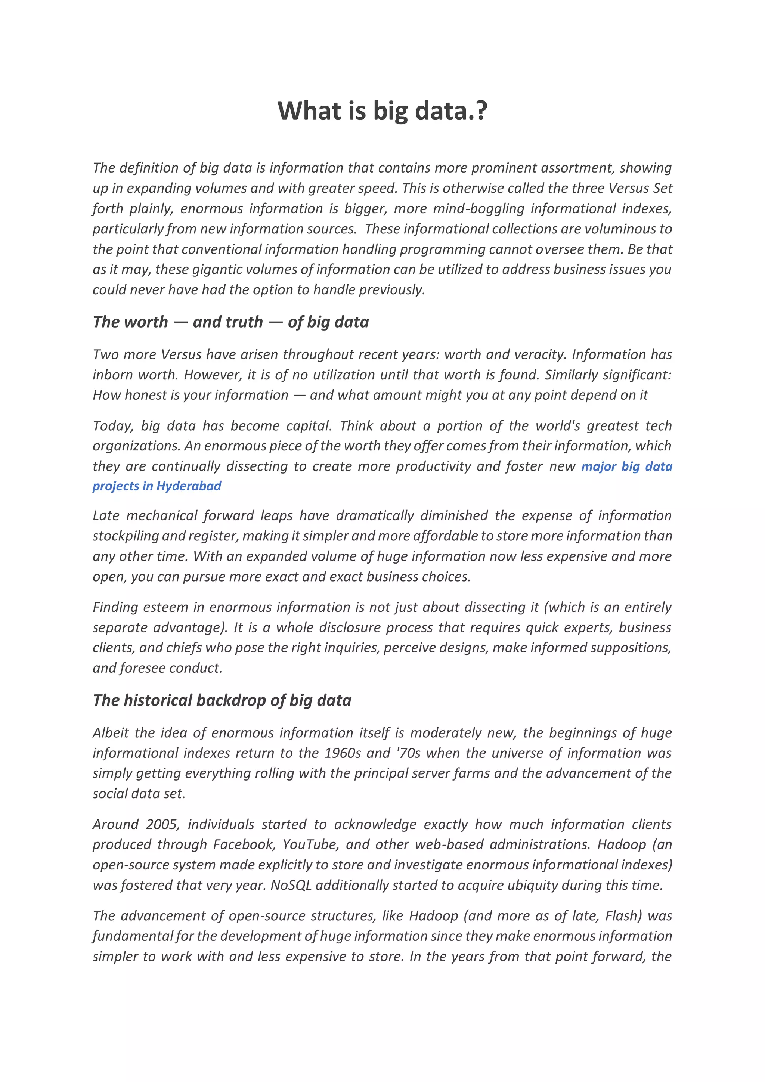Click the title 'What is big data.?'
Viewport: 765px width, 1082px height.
coord(382,111)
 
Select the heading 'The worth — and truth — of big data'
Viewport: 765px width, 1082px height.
coord(230,322)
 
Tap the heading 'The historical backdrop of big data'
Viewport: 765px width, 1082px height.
coord(222,700)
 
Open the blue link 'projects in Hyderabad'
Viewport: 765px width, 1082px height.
coord(157,486)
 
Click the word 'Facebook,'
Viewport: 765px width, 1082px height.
coord(244,844)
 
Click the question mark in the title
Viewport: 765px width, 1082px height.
coord(481,111)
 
